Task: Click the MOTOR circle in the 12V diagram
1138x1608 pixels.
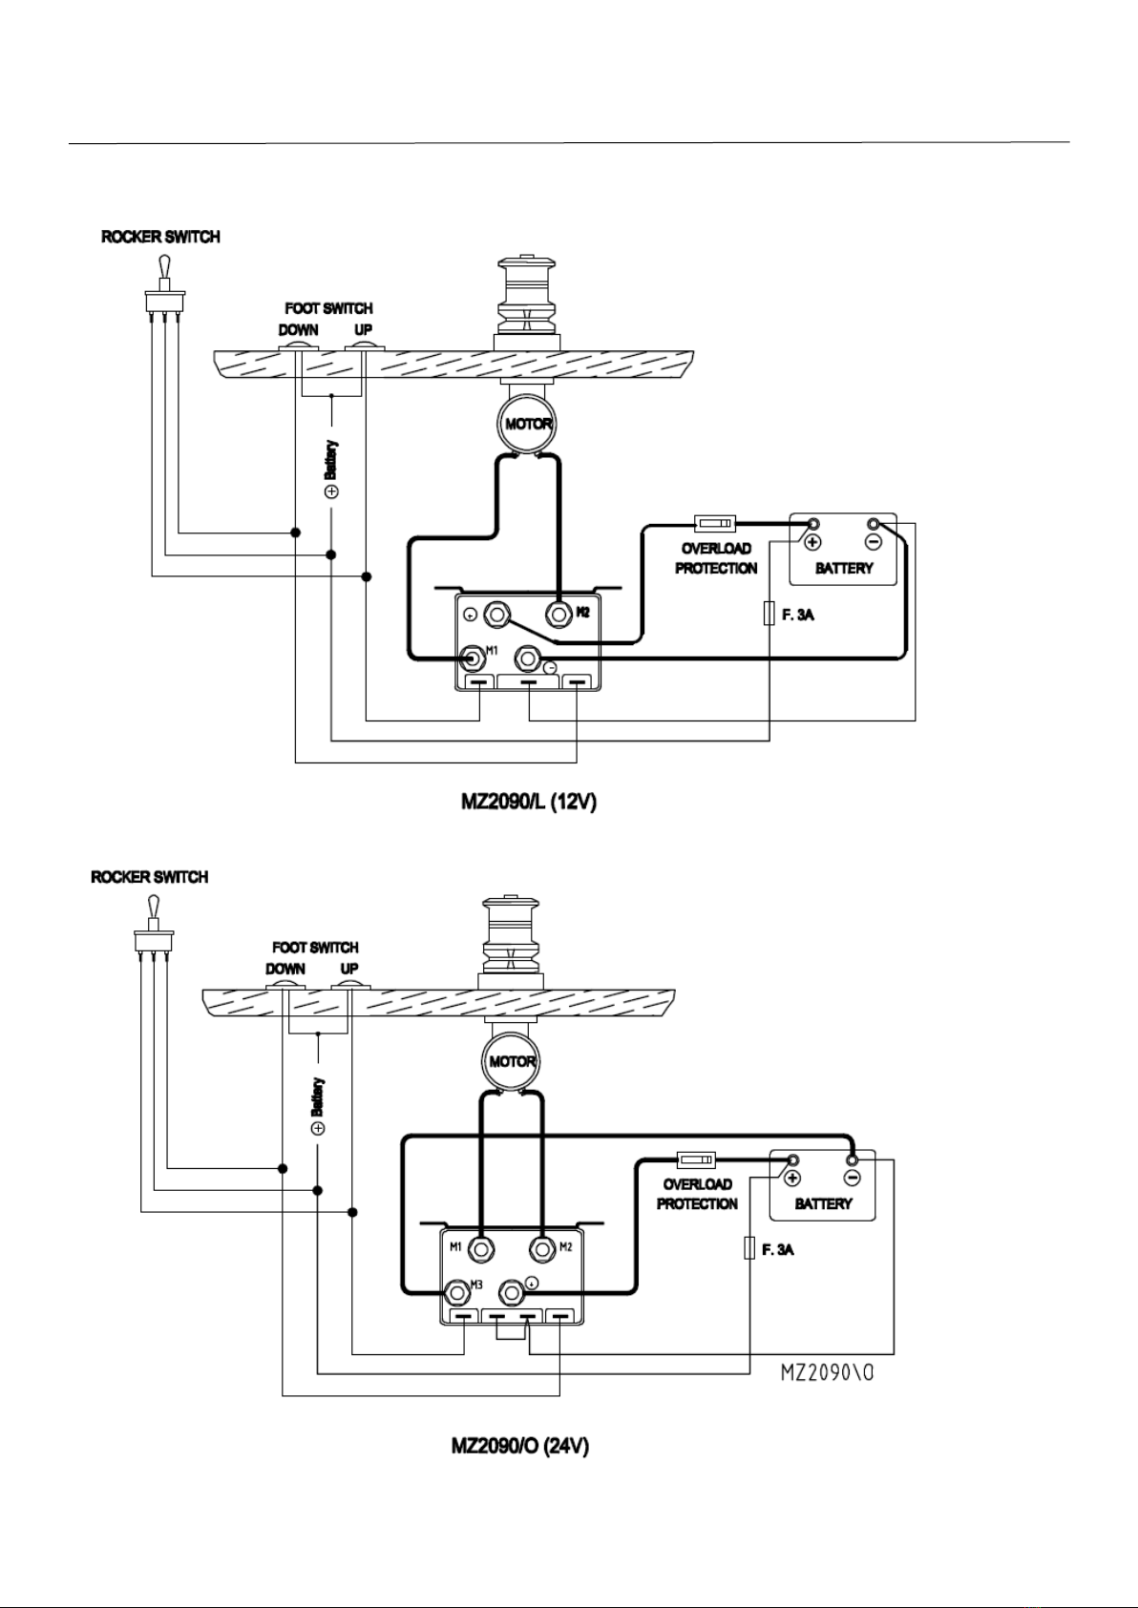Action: click(528, 424)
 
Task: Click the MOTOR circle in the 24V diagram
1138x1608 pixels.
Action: click(511, 1062)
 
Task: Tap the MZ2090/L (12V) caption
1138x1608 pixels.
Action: click(529, 801)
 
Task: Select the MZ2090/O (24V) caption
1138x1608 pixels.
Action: click(519, 1446)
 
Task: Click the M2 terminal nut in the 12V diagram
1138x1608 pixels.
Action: click(558, 614)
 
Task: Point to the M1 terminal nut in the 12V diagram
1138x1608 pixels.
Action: click(474, 658)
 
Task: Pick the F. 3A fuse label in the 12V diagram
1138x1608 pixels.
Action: click(798, 616)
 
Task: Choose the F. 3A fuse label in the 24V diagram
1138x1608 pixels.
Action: click(777, 1250)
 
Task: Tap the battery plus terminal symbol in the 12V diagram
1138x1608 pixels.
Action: click(812, 542)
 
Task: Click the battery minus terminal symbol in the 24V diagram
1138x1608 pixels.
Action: click(853, 1178)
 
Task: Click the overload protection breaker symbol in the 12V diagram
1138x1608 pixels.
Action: click(715, 523)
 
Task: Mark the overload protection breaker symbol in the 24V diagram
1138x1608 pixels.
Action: click(696, 1159)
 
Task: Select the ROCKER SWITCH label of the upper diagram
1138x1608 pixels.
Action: click(160, 237)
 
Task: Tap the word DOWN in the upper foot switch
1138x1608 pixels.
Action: click(299, 330)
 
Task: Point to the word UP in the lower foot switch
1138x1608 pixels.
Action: click(349, 969)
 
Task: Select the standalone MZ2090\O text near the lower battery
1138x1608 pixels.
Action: click(827, 1372)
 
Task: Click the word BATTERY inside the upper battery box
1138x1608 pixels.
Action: click(844, 568)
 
